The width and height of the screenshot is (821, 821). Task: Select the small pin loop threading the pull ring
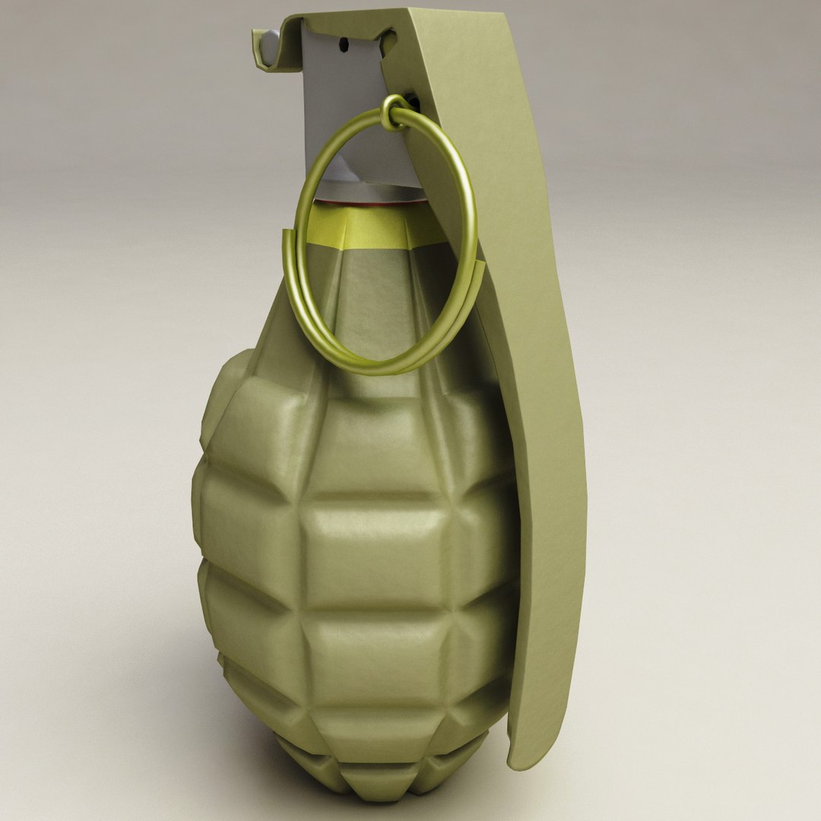394,114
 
